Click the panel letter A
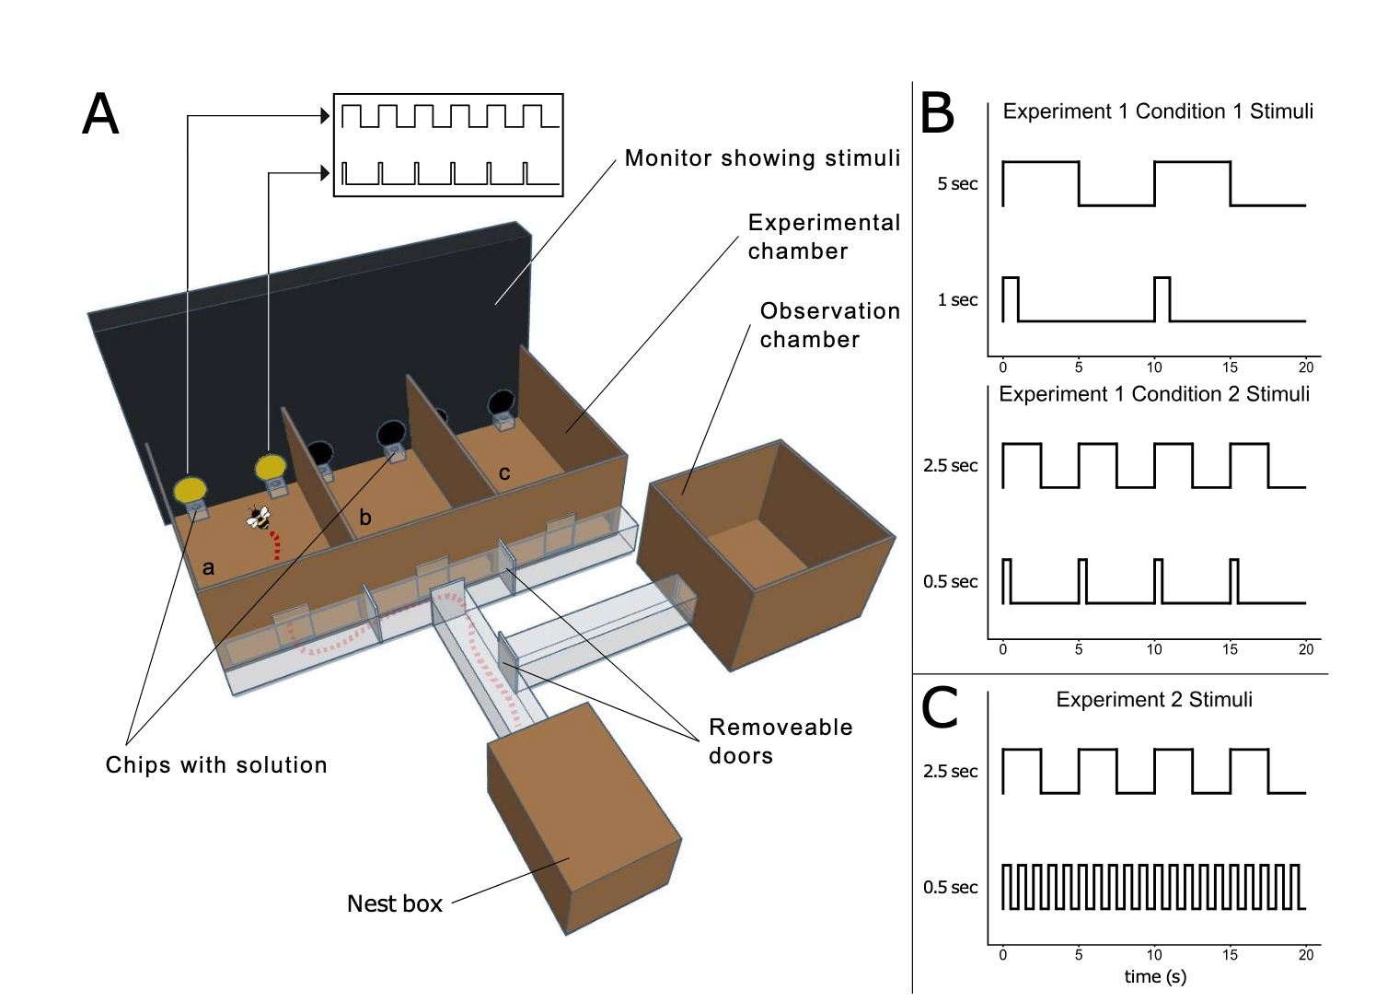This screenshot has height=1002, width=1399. (100, 115)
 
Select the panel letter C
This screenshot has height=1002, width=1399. (940, 708)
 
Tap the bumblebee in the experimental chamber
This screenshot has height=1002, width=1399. (259, 518)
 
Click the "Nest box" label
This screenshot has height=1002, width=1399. (394, 903)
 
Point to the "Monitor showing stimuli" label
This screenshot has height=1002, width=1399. (762, 158)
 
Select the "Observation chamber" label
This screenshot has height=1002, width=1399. (829, 325)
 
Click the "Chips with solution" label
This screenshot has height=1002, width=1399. (216, 765)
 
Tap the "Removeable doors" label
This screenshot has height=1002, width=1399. (780, 741)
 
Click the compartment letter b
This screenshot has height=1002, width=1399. (365, 518)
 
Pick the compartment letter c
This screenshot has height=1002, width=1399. (504, 473)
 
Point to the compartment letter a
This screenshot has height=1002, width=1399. (208, 567)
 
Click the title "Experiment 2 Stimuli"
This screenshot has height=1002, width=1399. (1154, 700)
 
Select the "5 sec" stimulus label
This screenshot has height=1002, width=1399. (957, 184)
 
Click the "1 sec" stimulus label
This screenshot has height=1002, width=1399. (957, 300)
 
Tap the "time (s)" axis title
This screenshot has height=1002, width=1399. (1155, 977)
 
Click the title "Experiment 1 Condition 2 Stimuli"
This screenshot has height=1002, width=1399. (1154, 394)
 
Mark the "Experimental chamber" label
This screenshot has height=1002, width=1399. (824, 237)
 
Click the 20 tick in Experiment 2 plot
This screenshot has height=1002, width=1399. (1306, 955)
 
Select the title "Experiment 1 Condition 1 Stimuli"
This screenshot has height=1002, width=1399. (1158, 111)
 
